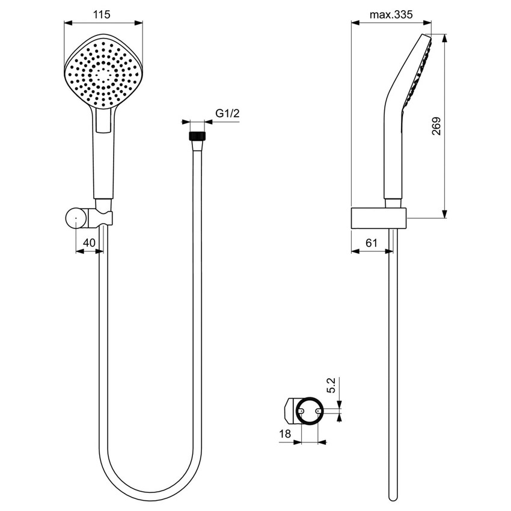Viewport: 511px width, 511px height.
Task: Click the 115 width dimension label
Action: (x=103, y=15)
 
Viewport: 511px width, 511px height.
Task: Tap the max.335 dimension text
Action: (x=391, y=15)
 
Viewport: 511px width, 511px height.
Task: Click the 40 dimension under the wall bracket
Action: (x=89, y=242)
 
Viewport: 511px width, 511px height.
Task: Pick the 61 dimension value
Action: (x=371, y=242)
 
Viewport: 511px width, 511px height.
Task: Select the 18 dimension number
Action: (x=286, y=433)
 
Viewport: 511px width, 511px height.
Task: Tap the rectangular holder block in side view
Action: (x=378, y=218)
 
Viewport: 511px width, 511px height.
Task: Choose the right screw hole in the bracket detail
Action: (x=318, y=411)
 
